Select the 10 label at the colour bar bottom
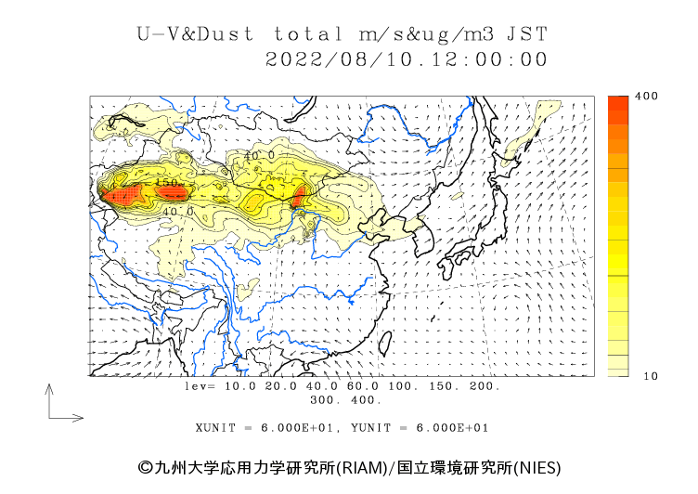651,376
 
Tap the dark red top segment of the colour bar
619,105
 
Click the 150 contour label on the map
168,183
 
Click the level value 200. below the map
484,385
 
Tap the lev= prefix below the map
200,385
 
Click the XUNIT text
213,428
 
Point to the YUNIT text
368,428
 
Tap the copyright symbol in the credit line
145,467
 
